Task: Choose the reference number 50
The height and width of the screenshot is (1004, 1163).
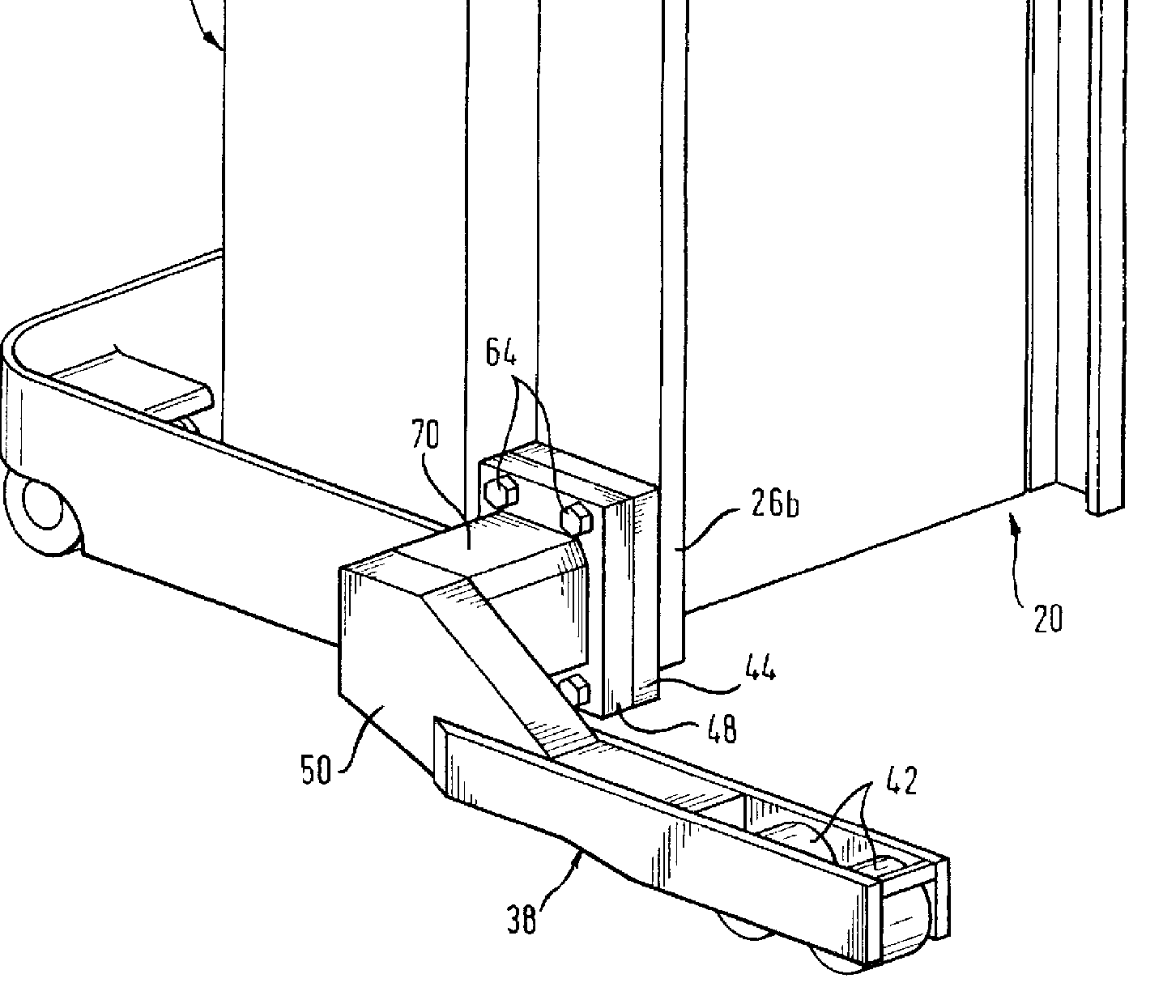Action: (316, 769)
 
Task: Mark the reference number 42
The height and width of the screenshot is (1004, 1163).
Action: (898, 782)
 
